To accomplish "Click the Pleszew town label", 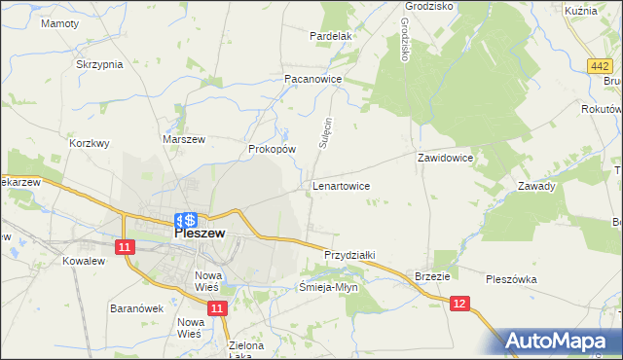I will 201,234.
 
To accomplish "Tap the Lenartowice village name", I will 341,184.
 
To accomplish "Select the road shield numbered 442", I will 600,65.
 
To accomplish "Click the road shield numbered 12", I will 462,305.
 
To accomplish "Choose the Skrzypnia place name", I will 99,64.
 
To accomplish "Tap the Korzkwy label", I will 90,142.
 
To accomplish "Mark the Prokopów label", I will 272,149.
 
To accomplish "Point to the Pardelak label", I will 330,36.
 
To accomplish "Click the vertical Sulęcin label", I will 327,132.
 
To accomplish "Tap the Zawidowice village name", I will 445,157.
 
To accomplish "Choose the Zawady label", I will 536,186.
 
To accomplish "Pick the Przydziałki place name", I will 349,254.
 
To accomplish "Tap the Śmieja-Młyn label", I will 328,287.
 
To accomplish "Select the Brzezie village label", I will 432,276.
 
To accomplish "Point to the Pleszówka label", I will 511,279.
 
